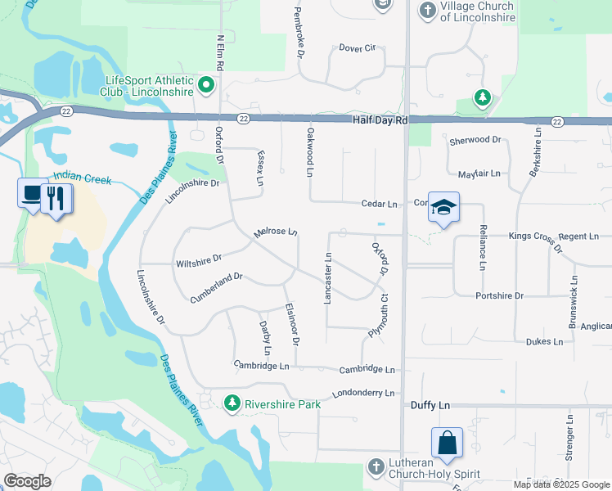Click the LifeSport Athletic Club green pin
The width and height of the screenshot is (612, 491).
click(207, 83)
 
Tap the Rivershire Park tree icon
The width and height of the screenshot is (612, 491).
click(233, 403)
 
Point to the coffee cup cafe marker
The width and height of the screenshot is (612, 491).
click(32, 193)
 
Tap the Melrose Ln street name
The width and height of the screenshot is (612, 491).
click(275, 232)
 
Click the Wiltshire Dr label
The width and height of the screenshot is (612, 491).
click(199, 262)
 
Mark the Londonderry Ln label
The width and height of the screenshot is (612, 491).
click(363, 394)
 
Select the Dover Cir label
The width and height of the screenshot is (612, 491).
click(357, 48)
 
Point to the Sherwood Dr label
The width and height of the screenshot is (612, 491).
click(475, 141)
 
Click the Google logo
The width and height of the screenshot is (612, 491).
click(28, 481)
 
